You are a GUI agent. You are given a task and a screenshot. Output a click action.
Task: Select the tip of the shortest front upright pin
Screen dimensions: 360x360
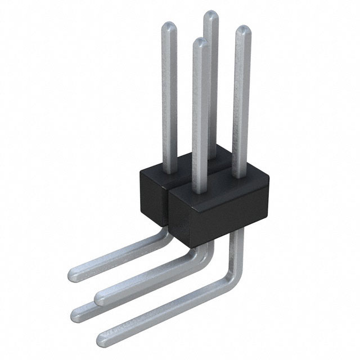198,42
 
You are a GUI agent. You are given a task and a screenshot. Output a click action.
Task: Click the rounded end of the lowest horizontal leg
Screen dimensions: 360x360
103,339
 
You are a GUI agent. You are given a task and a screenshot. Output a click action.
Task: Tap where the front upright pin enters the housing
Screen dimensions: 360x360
199,192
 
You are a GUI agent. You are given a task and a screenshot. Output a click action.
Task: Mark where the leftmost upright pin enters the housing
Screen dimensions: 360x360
169,168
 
